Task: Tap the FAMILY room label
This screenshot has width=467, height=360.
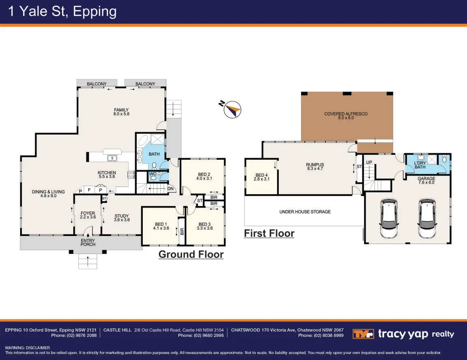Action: (x=121, y=112)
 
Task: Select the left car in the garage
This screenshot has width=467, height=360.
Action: (x=388, y=219)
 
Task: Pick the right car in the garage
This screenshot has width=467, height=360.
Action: (x=427, y=219)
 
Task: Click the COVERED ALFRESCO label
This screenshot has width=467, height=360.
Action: (x=346, y=116)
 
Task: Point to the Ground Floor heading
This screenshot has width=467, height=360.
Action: (x=191, y=254)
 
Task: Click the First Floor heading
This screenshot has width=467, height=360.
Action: (x=269, y=233)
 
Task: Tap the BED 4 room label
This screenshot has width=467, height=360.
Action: (x=262, y=177)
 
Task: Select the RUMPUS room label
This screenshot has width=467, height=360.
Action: (x=315, y=167)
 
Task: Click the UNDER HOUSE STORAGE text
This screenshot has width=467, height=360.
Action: (x=305, y=212)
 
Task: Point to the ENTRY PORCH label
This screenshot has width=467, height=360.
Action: (x=88, y=242)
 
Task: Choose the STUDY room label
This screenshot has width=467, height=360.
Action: (x=121, y=218)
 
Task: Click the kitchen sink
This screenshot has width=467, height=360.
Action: (x=112, y=158)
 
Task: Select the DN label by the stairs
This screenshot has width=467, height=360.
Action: (x=170, y=189)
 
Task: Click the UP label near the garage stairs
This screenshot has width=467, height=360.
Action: (x=369, y=162)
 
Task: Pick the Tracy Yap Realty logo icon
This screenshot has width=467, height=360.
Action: (x=363, y=334)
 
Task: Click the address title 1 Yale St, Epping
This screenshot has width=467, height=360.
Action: (x=62, y=11)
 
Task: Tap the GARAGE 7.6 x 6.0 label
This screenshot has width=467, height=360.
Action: (x=426, y=180)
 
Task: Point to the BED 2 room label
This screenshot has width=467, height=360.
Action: (x=204, y=176)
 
